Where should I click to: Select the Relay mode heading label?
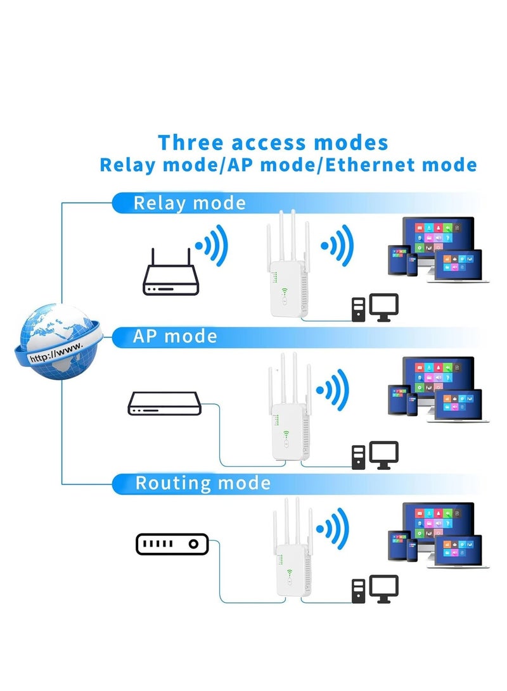(189, 203)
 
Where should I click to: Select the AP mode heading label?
(174, 336)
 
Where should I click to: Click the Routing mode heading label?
(202, 484)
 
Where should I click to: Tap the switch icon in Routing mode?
(172, 543)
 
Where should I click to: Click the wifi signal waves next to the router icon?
(211, 244)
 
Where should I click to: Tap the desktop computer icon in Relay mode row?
(376, 307)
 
